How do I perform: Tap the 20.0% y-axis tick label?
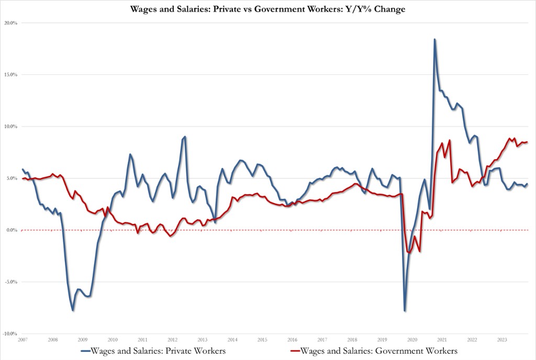click(x=11, y=23)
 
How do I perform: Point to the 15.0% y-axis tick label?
click(x=11, y=75)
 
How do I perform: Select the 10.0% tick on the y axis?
click(x=11, y=127)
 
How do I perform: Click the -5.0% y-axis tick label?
click(x=11, y=282)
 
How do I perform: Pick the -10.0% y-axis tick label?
click(x=10, y=334)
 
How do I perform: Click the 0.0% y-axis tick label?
click(x=12, y=230)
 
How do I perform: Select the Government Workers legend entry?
click(x=374, y=351)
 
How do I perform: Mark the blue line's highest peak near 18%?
click(x=434, y=39)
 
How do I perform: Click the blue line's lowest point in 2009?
click(x=73, y=310)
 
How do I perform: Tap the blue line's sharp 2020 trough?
click(x=405, y=311)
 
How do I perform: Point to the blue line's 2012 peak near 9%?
click(x=185, y=137)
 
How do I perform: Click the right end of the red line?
click(x=527, y=142)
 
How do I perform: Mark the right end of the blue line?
click(x=527, y=184)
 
